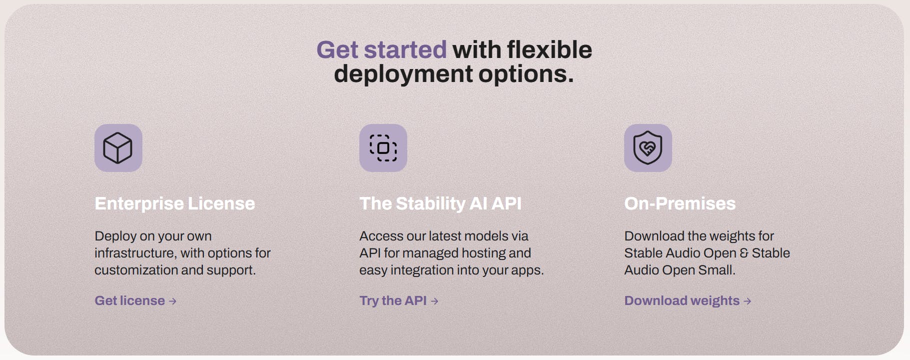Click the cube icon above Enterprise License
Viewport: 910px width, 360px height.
coord(118,148)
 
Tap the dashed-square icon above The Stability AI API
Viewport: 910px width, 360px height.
coord(383,148)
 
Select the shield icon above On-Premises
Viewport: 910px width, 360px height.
coord(648,148)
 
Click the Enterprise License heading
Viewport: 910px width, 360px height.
coord(175,203)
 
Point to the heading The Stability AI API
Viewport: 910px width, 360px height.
coord(440,203)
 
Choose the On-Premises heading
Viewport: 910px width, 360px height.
coord(680,203)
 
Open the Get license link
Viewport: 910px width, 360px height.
coord(135,300)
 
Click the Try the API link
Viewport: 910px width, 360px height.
coord(399,300)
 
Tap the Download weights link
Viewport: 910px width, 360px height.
coord(688,300)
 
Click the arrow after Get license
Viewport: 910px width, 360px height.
coord(172,301)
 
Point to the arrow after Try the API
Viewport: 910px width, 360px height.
coord(434,301)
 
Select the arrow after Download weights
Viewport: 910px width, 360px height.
coord(747,301)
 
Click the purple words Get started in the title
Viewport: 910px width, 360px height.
coord(381,49)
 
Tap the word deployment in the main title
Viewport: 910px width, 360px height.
coord(403,74)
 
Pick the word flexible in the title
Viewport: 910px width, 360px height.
coord(549,49)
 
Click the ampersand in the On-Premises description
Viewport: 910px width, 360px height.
coord(744,253)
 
